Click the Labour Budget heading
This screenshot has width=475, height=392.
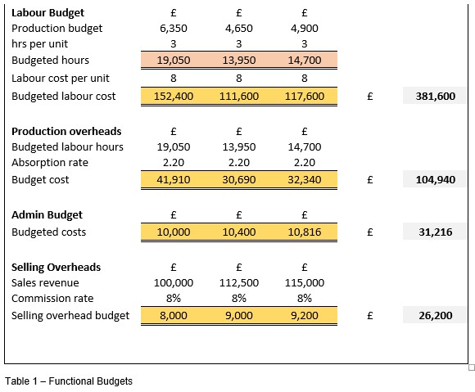47,13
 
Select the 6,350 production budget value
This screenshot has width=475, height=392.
174,28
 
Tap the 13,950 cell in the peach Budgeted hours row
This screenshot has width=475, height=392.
239,60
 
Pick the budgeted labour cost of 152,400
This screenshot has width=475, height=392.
174,96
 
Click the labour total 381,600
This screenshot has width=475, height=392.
436,96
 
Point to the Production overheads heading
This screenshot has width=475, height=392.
66,131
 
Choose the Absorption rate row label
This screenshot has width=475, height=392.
50,163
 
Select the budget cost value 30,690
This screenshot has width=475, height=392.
239,179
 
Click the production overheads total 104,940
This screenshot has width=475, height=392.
436,179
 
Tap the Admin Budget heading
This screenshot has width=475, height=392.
47,215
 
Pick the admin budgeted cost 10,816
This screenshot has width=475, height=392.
305,232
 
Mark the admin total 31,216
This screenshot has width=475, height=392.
436,232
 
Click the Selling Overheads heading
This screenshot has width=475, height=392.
56,267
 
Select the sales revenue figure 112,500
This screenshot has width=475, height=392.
239,282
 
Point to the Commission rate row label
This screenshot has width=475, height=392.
52,299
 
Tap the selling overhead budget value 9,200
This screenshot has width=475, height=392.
305,315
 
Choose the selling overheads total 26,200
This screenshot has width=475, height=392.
436,315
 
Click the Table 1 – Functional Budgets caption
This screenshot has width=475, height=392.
69,381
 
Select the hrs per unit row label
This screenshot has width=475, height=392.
39,44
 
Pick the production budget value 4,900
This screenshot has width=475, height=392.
305,28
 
